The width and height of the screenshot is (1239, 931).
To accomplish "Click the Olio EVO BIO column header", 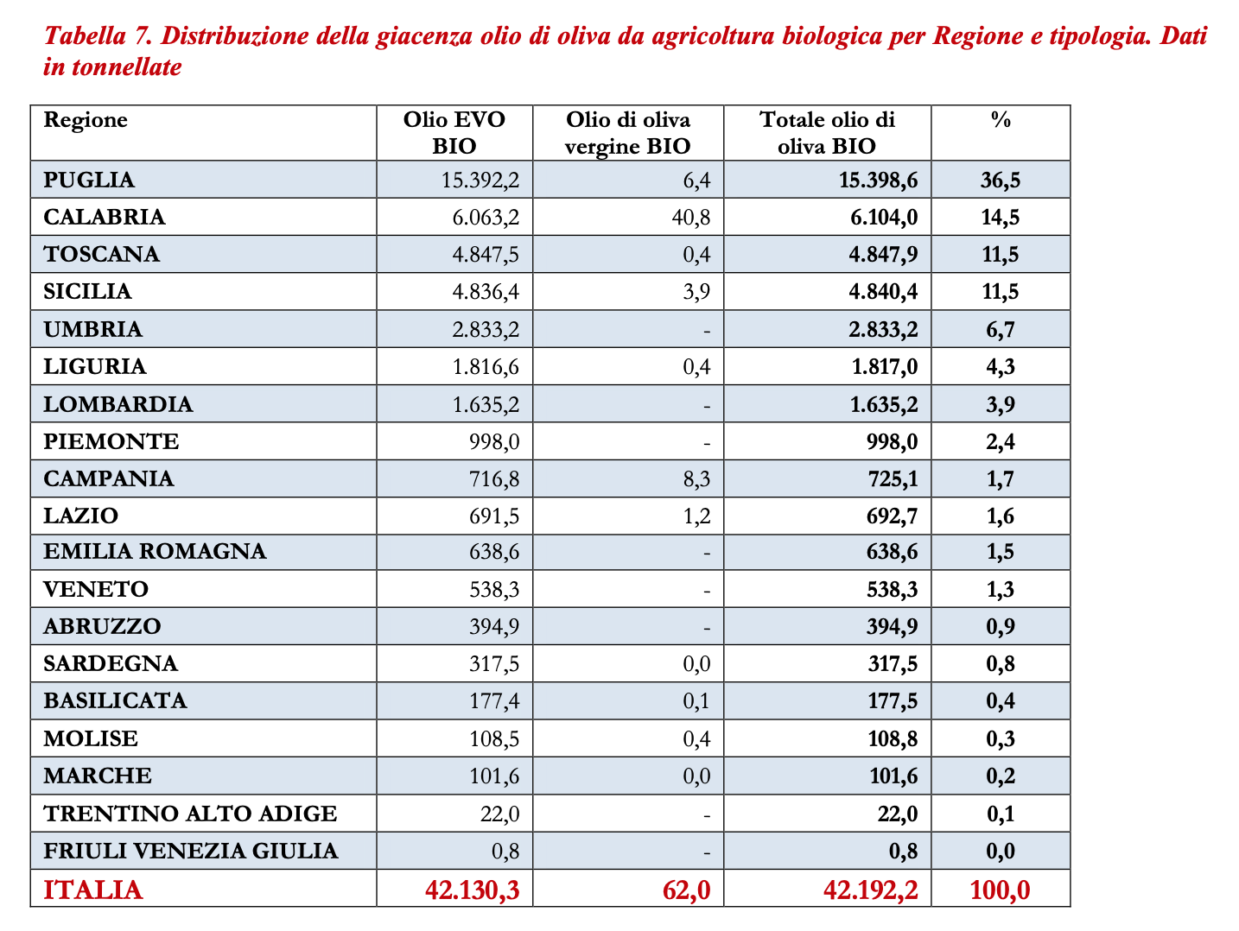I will pos(454,132).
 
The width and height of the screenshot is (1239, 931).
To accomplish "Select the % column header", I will pos(1000,120).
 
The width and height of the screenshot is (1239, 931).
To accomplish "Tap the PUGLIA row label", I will pos(89,180).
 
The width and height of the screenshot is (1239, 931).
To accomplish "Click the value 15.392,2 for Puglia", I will pos(480,180).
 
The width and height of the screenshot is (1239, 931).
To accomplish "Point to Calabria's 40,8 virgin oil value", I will pos(690,217).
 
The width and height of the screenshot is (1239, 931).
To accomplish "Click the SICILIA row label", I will pos(87,292).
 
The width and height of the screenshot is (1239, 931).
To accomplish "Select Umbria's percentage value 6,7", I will pos(1000,329).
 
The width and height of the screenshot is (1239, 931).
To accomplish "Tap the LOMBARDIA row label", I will pos(118,404).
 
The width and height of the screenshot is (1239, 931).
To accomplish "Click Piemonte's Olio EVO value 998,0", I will pos(494,442).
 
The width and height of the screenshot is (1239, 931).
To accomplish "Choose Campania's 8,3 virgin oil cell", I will pos(696,479).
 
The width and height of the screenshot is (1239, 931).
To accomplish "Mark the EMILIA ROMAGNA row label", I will pos(155,551).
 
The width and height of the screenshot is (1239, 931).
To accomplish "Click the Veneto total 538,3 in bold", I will pos(892,590).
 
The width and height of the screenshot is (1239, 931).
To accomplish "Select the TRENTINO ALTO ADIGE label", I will pos(190,814).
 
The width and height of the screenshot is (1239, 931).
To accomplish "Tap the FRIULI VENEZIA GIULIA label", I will pos(190,851).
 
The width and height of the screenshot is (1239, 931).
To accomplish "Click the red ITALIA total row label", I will pos(92,890).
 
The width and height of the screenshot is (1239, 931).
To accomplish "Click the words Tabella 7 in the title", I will pos(98,37).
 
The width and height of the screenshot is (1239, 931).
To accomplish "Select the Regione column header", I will pos(86,120).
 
